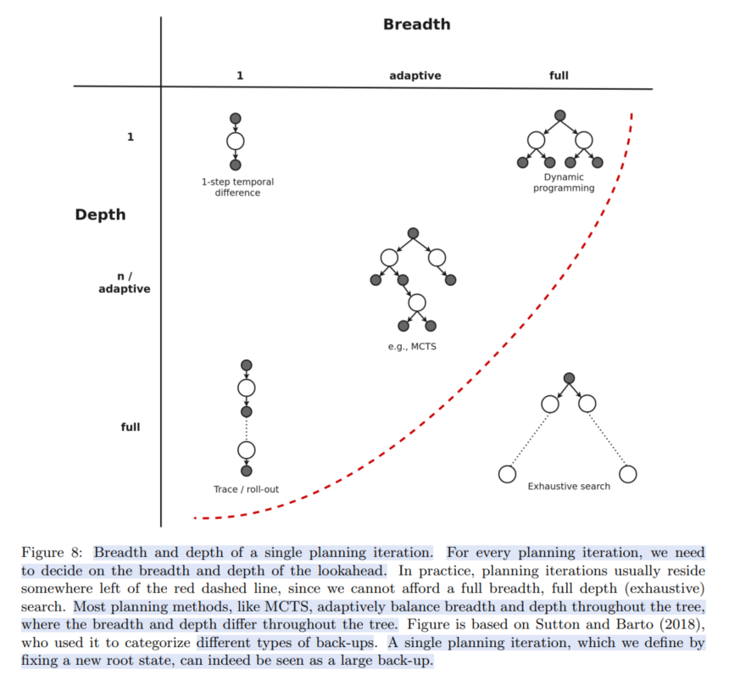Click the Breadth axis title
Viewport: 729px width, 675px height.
click(x=416, y=25)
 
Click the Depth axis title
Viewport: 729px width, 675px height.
click(x=100, y=215)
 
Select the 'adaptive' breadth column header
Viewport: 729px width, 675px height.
click(x=415, y=75)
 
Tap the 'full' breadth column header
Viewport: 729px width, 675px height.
click(x=559, y=75)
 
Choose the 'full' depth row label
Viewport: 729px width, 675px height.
click(x=130, y=427)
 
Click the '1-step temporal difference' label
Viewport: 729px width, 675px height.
click(x=237, y=187)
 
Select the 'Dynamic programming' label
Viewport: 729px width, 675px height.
click(x=564, y=182)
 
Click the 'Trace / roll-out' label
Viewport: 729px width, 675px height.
click(x=246, y=489)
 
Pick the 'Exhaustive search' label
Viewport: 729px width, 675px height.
click(x=569, y=486)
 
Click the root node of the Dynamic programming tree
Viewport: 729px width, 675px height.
click(x=559, y=115)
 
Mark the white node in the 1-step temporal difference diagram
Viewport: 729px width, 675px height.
click(x=236, y=142)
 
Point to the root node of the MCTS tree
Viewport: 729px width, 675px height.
click(x=413, y=233)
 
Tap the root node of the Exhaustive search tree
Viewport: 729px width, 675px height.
click(x=569, y=378)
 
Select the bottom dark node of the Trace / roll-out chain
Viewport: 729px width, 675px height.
click(x=247, y=471)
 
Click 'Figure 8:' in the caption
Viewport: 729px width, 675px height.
click(x=51, y=552)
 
